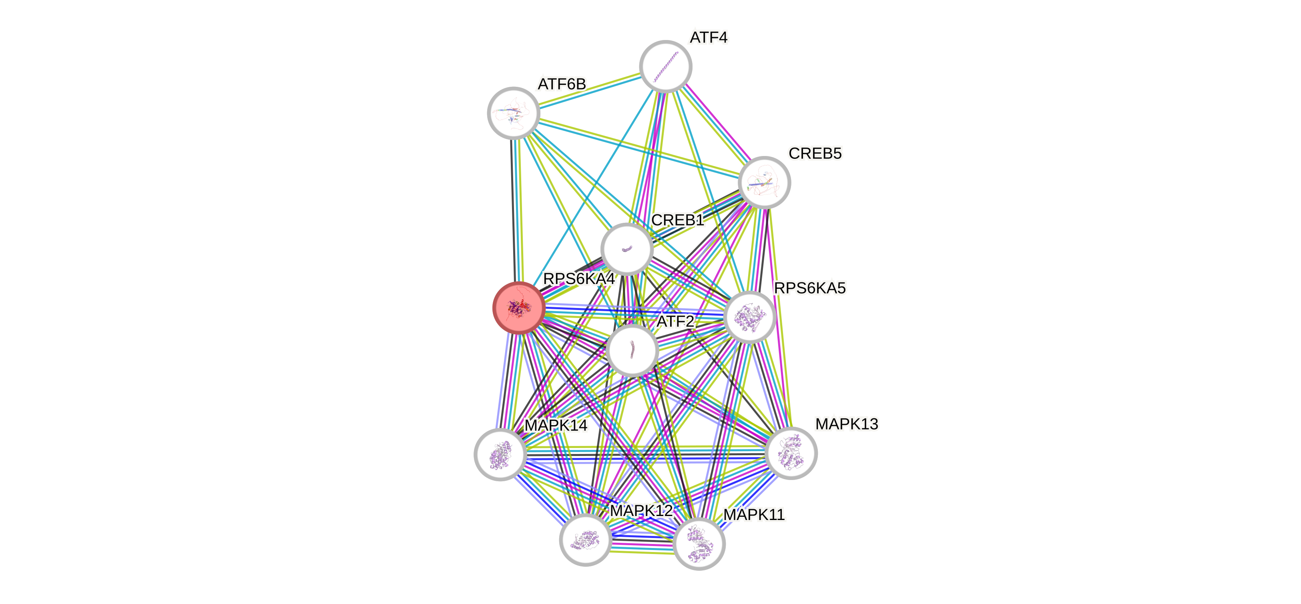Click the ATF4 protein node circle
pos(665,66)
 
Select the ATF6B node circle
pos(513,112)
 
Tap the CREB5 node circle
pos(764,182)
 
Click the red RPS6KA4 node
pos(519,307)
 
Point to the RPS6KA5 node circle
pos(749,317)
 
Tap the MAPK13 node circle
pos(791,453)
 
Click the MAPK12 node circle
pos(585,540)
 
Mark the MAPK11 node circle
pos(699,544)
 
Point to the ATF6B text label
pos(562,84)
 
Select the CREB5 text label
pos(815,153)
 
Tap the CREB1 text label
pos(677,220)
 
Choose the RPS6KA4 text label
pos(578,278)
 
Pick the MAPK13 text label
pos(847,424)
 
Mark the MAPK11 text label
pos(754,515)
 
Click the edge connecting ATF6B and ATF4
pos(589,89)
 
